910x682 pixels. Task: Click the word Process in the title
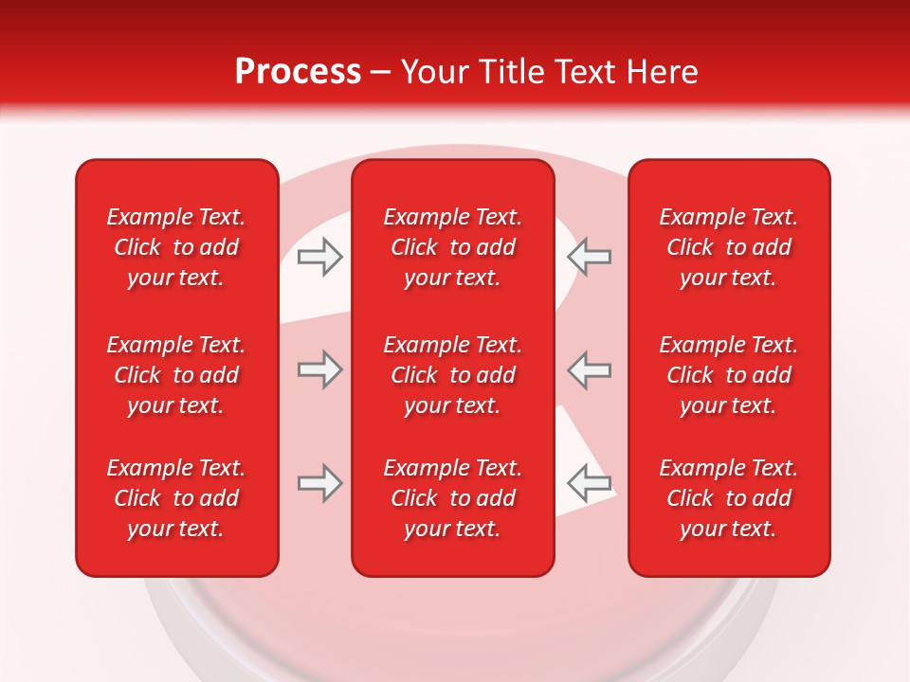click(x=298, y=72)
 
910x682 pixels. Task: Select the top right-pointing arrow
click(x=319, y=257)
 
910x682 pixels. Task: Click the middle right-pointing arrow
click(x=319, y=369)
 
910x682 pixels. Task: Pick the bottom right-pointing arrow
click(x=319, y=483)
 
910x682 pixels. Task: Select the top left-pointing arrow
click(x=590, y=257)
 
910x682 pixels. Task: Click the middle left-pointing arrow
click(x=590, y=369)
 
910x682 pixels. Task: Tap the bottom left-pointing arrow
click(x=590, y=483)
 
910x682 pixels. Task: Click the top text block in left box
click(x=176, y=247)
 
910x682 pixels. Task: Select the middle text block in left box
click(x=176, y=375)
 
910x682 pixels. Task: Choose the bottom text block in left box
click(x=176, y=498)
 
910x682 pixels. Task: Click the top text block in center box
click(x=453, y=247)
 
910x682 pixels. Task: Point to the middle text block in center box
click(x=453, y=375)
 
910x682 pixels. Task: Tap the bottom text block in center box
click(x=453, y=498)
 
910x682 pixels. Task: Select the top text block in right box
click(x=729, y=247)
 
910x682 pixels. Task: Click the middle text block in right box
click(x=729, y=375)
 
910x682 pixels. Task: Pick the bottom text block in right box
click(x=729, y=498)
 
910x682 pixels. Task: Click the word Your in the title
click(x=436, y=72)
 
